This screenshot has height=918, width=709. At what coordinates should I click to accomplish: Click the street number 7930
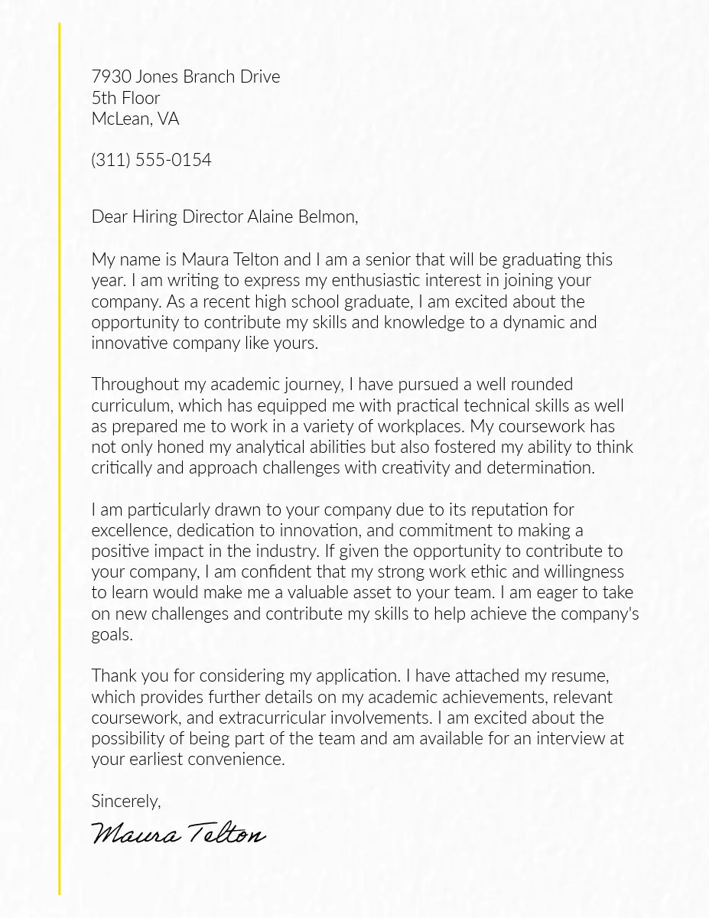coord(111,76)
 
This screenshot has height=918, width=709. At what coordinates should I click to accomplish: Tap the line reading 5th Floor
coord(125,98)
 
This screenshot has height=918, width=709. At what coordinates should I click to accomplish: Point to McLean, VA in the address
coord(135,119)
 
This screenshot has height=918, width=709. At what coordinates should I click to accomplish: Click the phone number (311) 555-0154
coord(151,160)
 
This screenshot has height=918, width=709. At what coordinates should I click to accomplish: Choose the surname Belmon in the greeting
coord(327,216)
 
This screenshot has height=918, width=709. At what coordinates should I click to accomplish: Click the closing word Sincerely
coord(125,801)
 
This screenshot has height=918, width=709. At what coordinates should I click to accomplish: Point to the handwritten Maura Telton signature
coord(178,833)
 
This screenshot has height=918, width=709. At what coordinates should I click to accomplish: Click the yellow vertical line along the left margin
coord(59,459)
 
